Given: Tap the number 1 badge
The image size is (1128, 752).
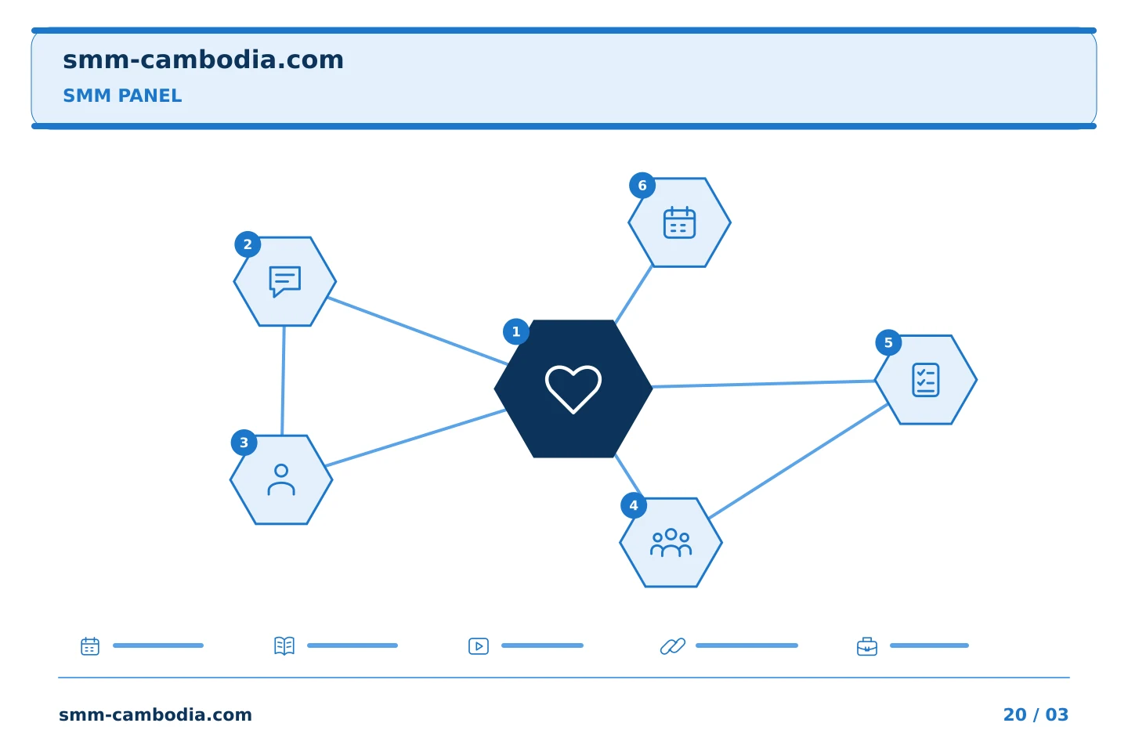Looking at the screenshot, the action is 516,332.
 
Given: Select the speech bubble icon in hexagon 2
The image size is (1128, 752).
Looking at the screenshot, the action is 285,281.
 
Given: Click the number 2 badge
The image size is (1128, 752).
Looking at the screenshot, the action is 248,244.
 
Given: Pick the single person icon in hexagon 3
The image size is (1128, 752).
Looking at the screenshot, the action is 281,480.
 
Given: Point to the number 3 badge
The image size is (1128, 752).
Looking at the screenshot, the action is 244,443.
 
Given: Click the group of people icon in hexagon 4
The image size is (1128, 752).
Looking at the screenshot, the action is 671,543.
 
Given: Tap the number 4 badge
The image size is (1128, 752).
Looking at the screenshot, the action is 634,506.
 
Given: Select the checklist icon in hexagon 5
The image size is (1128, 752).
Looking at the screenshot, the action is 926,380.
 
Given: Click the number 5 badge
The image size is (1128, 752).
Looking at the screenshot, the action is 889,342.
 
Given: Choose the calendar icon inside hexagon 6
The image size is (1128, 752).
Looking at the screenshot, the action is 679,222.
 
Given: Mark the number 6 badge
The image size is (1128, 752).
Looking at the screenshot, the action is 642,186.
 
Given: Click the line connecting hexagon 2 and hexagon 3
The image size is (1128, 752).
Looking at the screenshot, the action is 283,381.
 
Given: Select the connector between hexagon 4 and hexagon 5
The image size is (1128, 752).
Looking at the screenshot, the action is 798,461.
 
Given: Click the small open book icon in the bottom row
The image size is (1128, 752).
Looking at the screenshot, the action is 284,645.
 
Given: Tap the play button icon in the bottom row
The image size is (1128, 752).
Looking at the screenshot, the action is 479,646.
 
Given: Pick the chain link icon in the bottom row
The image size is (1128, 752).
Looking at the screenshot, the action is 673,645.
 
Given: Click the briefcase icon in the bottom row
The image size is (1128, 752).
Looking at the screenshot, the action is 867,646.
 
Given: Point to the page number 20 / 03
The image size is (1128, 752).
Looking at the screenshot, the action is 1036,714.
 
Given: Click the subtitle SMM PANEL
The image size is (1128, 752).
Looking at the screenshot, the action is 122,96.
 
